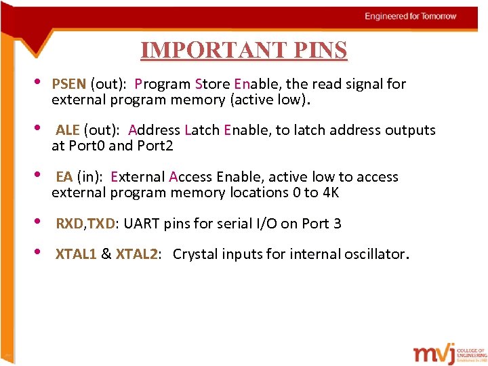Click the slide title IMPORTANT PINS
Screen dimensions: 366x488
tap(243, 50)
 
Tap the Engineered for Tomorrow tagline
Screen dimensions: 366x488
tap(411, 16)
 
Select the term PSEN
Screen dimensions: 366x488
tap(68, 84)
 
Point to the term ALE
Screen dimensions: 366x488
tap(68, 130)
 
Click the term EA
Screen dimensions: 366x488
tap(64, 177)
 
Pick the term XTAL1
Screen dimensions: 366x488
tap(76, 254)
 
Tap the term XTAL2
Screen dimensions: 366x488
tap(137, 254)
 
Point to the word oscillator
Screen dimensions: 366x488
tap(375, 254)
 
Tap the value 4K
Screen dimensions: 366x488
tap(330, 192)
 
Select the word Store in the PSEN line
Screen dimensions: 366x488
tap(212, 84)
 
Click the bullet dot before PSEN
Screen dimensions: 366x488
tap(39, 83)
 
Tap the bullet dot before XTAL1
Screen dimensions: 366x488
tap(39, 253)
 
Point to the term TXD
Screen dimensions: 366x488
tap(100, 224)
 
